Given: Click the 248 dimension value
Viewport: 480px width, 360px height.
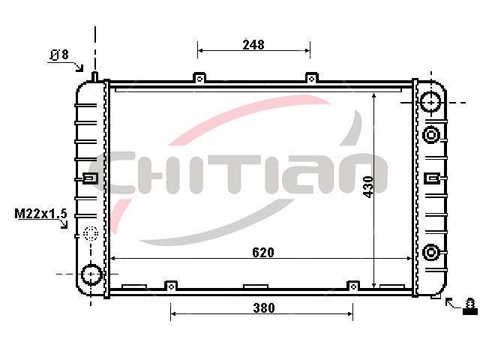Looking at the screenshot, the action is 253,45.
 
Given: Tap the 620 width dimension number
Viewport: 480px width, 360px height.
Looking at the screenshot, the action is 263,252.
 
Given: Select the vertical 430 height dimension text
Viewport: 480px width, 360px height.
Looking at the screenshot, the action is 368,187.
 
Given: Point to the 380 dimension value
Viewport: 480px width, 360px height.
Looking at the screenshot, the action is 264,307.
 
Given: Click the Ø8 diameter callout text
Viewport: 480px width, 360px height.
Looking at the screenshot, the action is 59,55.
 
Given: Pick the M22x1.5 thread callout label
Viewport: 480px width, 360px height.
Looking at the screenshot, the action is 40,213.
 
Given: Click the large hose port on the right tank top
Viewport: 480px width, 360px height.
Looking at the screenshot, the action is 431,102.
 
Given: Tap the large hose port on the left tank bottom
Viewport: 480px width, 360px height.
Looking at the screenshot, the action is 91,274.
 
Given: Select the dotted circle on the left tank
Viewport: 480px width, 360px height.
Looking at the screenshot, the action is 91,234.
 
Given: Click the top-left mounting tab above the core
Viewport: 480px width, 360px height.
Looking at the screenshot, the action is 199,78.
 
